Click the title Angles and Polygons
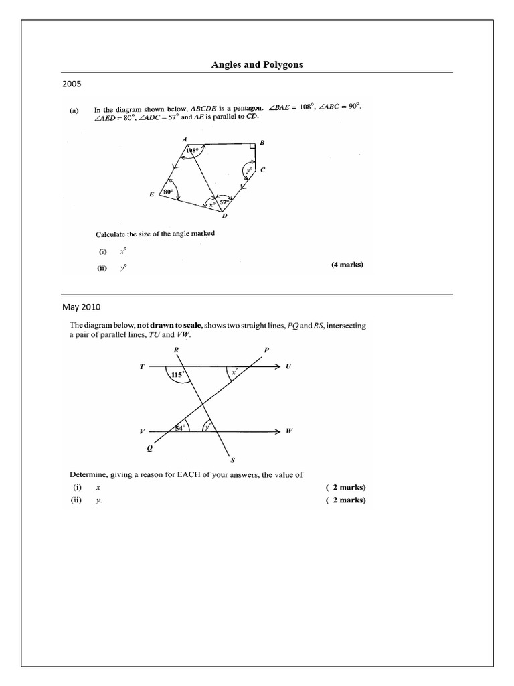(256, 64)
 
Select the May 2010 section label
(81, 307)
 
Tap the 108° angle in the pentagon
(193, 151)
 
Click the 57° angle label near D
(226, 200)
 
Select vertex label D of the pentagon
(224, 215)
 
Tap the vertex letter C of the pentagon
(263, 170)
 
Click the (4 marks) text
(347, 265)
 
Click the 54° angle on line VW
(179, 428)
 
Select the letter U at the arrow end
(288, 366)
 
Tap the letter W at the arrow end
(289, 431)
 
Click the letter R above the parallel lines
(175, 350)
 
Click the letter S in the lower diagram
(232, 460)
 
